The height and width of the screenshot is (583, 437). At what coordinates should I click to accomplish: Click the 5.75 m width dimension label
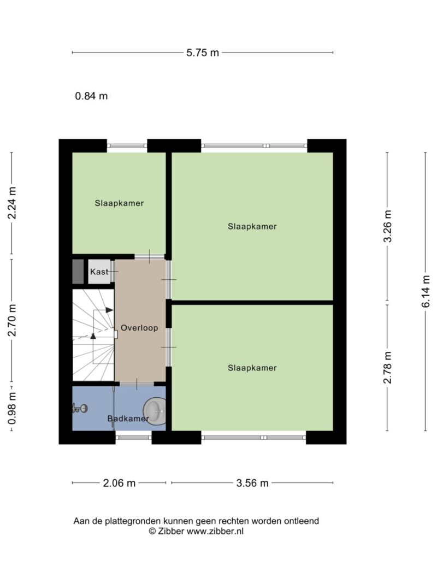pyautogui.click(x=203, y=53)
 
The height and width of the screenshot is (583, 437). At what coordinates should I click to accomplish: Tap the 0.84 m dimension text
pyautogui.click(x=91, y=96)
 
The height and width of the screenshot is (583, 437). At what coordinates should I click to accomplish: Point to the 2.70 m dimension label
pyautogui.click(x=12, y=320)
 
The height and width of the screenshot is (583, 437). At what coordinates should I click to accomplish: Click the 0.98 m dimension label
pyautogui.click(x=12, y=409)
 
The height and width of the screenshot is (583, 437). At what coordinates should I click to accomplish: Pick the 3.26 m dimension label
pyautogui.click(x=388, y=226)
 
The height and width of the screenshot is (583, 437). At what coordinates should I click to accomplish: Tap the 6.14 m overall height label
pyautogui.click(x=426, y=292)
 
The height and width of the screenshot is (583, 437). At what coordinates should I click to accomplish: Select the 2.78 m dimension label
pyautogui.click(x=388, y=367)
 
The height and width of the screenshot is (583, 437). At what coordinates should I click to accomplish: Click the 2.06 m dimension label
pyautogui.click(x=119, y=483)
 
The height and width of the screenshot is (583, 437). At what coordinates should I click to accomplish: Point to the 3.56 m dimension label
pyautogui.click(x=252, y=483)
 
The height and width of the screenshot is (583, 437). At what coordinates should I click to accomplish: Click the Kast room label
pyautogui.click(x=99, y=272)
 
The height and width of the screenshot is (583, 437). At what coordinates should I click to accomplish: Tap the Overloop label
pyautogui.click(x=139, y=328)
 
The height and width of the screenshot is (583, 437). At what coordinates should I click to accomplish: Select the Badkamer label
pyautogui.click(x=128, y=419)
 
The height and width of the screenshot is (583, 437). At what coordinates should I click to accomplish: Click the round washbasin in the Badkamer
pyautogui.click(x=155, y=411)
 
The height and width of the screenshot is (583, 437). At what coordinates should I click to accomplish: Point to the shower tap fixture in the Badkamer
pyautogui.click(x=80, y=409)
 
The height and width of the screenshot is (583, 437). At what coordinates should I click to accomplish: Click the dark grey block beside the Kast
pyautogui.click(x=78, y=272)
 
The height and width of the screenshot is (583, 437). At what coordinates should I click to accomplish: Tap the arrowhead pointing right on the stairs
pyautogui.click(x=110, y=310)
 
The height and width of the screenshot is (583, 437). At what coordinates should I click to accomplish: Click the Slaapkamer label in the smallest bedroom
pyautogui.click(x=119, y=203)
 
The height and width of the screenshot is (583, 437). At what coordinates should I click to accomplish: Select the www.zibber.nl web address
pyautogui.click(x=215, y=531)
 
